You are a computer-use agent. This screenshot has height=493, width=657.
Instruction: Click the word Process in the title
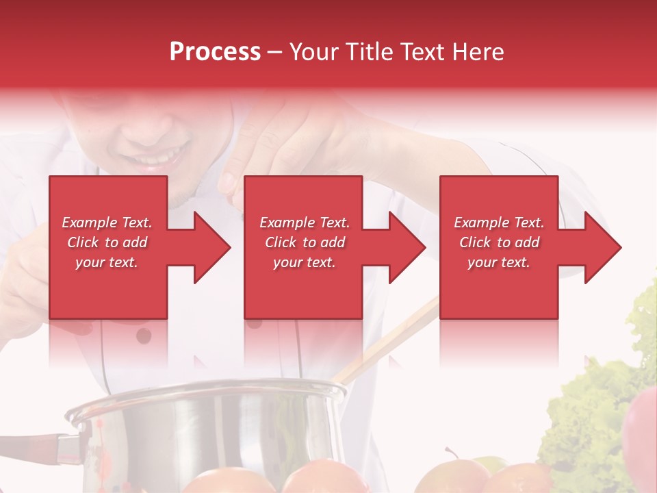pyautogui.click(x=215, y=52)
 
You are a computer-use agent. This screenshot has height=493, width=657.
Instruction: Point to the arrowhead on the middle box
pyautogui.click(x=406, y=247)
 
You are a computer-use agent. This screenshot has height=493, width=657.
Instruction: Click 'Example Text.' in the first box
pyautogui.click(x=107, y=223)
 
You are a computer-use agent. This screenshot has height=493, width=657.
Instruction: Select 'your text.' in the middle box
pyautogui.click(x=304, y=262)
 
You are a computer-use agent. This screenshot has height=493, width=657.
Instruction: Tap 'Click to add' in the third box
pyautogui.click(x=499, y=242)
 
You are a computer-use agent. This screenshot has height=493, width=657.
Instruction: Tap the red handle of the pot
pyautogui.click(x=34, y=444)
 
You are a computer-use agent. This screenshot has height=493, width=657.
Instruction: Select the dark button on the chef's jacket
pyautogui.click(x=144, y=336)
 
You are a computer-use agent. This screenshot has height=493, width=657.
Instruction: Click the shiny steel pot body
pyautogui.click(x=205, y=431)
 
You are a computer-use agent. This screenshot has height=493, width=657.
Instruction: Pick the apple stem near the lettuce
pyautogui.click(x=451, y=454)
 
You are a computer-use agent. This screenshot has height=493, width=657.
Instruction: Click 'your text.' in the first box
pyautogui.click(x=107, y=262)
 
